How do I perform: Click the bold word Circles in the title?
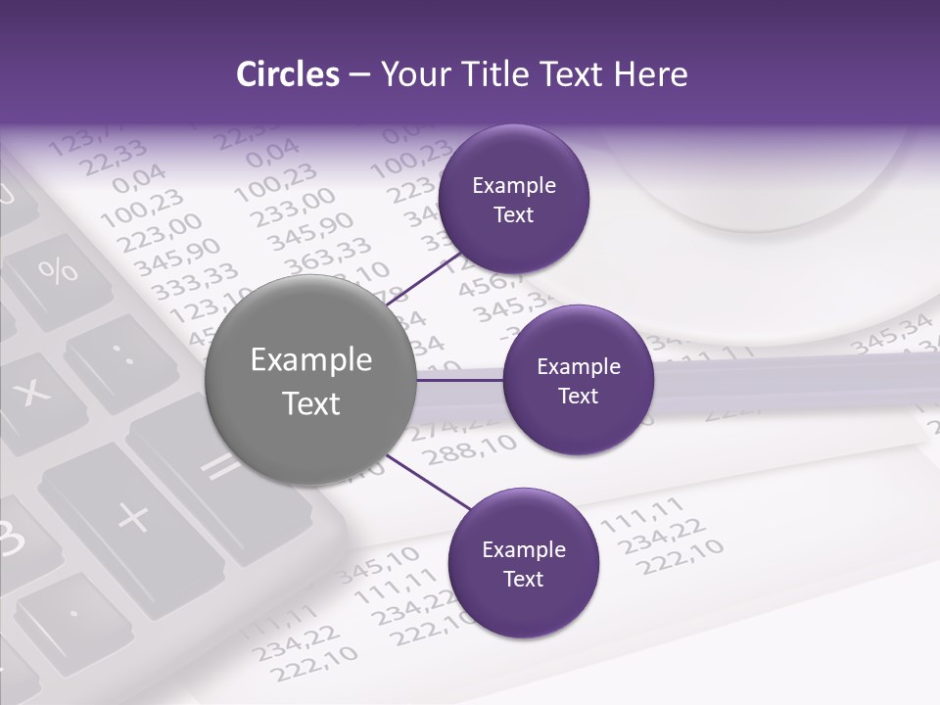pos(287,74)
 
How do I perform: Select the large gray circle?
pos(310,381)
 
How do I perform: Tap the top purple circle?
pos(513,199)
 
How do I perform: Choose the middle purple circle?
pos(578,380)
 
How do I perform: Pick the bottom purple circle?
pos(523,563)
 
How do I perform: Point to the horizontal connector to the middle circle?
pos(460,380)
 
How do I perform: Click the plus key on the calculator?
pos(134,516)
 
